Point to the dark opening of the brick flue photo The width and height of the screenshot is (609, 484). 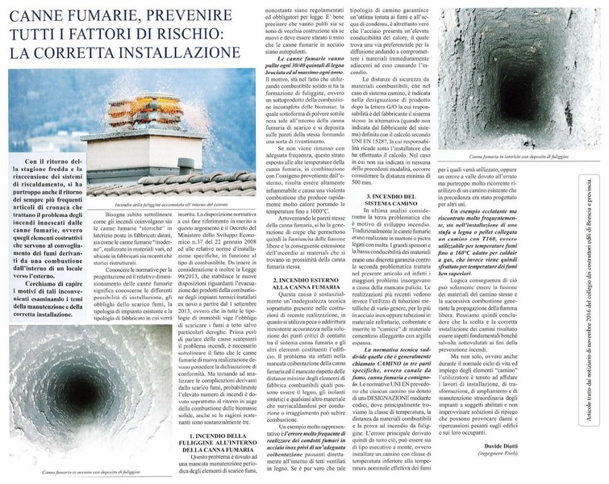point(507,77)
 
